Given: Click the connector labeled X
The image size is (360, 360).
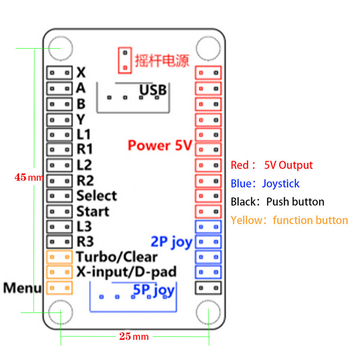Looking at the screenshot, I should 59,72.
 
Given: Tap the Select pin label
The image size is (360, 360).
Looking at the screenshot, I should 96,196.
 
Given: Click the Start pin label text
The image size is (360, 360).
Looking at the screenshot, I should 93,211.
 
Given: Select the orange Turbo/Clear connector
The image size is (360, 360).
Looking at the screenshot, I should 59,257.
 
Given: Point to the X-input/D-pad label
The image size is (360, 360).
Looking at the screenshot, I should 126,272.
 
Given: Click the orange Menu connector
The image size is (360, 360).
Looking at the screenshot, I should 59,287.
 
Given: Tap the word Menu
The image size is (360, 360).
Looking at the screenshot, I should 22,287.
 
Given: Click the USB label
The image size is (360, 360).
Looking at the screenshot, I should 153,90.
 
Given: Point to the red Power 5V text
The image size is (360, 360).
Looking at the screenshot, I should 160,145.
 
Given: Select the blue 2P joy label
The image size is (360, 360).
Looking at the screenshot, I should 171,242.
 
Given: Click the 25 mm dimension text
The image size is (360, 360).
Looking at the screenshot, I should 134,336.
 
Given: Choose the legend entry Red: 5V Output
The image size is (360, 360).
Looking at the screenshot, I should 271,165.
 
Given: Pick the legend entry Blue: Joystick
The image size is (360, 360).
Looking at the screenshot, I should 265,183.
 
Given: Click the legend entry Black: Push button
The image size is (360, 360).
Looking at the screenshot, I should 277,202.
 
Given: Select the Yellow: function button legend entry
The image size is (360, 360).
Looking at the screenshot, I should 289,220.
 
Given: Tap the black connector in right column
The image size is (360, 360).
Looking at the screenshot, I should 208,287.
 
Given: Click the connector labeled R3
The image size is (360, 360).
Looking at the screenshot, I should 59,242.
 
